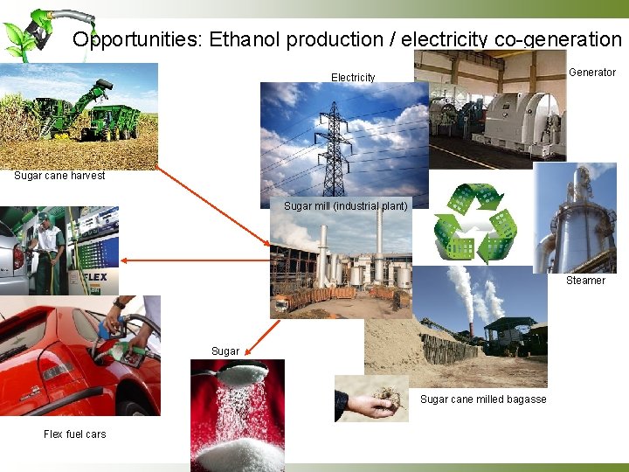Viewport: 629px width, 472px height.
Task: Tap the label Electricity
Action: click(x=353, y=78)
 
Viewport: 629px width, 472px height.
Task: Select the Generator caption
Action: click(x=592, y=73)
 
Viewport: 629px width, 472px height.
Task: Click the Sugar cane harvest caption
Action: click(x=59, y=176)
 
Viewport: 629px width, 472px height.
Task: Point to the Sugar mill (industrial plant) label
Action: click(x=345, y=206)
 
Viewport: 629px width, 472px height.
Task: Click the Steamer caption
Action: click(x=585, y=281)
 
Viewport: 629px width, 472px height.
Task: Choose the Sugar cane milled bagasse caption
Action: click(x=483, y=399)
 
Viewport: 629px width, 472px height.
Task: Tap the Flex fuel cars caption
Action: click(x=74, y=434)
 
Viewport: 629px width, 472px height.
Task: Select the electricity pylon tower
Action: click(x=335, y=144)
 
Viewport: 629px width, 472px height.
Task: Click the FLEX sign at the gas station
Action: click(x=93, y=278)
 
